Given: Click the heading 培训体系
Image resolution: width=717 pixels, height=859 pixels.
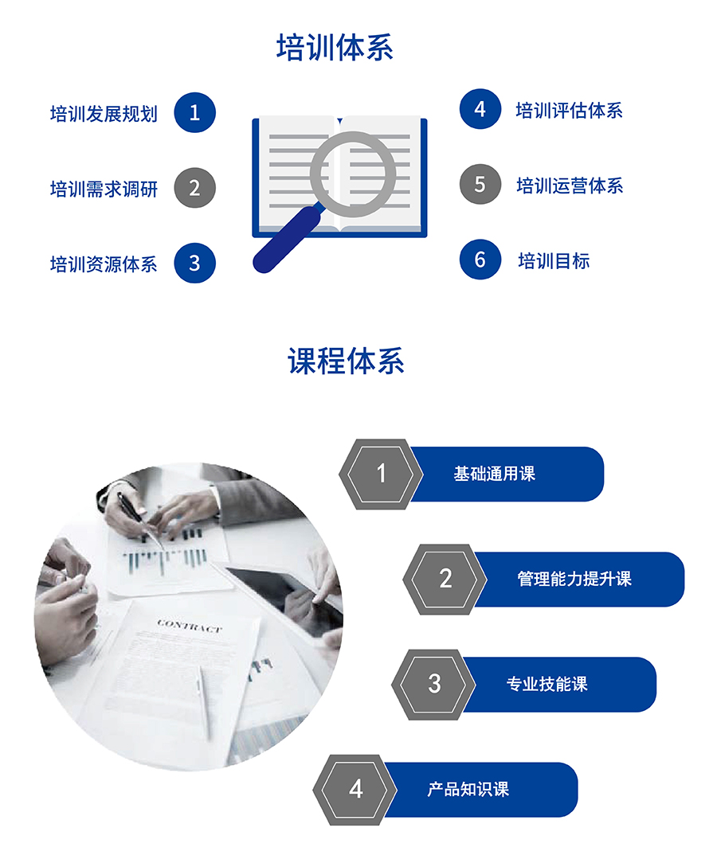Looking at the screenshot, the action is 335,48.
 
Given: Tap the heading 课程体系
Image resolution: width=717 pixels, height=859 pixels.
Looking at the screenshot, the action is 346,361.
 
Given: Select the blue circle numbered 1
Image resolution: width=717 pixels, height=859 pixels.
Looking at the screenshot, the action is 194,113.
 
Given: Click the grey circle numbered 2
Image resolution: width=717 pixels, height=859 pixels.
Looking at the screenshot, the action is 194,188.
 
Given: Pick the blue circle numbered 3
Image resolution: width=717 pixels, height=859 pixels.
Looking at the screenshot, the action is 194,263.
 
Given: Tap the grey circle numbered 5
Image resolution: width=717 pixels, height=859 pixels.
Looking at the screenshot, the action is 480,184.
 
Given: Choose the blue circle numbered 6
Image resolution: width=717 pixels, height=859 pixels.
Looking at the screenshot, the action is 480,259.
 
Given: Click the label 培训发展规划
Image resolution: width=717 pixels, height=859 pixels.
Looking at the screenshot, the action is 104,114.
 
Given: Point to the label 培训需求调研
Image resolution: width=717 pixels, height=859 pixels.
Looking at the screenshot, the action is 104,189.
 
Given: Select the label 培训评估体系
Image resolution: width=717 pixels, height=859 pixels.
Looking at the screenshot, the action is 569,111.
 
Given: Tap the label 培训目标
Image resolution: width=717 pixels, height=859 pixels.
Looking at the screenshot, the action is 554,261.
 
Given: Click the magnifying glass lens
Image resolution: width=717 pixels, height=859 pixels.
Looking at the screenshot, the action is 353,174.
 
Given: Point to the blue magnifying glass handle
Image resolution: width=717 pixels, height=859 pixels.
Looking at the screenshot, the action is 286,240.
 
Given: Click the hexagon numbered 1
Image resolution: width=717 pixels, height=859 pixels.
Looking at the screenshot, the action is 382,474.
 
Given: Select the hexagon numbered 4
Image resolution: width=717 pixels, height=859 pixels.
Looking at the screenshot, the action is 356,790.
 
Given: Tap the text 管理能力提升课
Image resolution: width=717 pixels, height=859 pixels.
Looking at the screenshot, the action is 574,579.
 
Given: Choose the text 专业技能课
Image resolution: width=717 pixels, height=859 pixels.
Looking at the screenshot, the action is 547,684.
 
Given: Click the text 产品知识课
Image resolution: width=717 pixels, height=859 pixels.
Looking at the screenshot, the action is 468,790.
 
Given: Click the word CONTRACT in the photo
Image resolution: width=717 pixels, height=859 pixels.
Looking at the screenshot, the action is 190,627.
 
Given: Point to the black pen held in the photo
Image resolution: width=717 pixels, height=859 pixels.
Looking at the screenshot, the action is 131,511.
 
